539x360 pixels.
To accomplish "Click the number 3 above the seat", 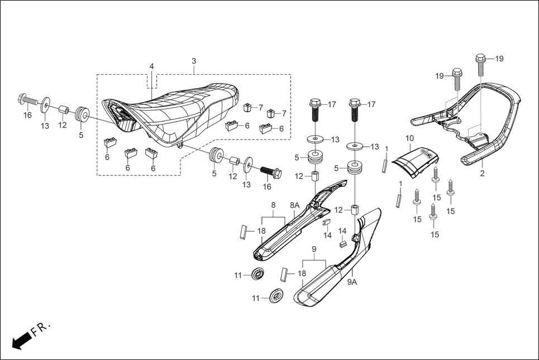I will coord(194,60).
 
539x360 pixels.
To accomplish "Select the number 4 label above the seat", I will coord(151,66).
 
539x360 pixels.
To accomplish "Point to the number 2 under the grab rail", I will coord(482,174).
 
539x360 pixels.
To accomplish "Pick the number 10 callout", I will coord(409,138).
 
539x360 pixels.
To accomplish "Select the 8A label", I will coord(294,205).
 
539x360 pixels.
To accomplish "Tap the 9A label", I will coord(352,282).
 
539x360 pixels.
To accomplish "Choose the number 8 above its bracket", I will coord(273,205).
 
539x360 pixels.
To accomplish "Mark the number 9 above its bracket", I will coord(314,248).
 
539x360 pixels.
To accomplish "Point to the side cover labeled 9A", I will coord(341,262).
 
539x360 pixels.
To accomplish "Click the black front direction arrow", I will coord(20,340).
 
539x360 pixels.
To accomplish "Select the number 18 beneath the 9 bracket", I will coord(302,273).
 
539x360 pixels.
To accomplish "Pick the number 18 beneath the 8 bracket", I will coord(261,231).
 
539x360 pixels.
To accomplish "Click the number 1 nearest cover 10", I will coord(387,148).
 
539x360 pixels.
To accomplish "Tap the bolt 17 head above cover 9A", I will coord(354,104).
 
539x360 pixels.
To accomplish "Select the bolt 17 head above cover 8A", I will coord(314,104).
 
